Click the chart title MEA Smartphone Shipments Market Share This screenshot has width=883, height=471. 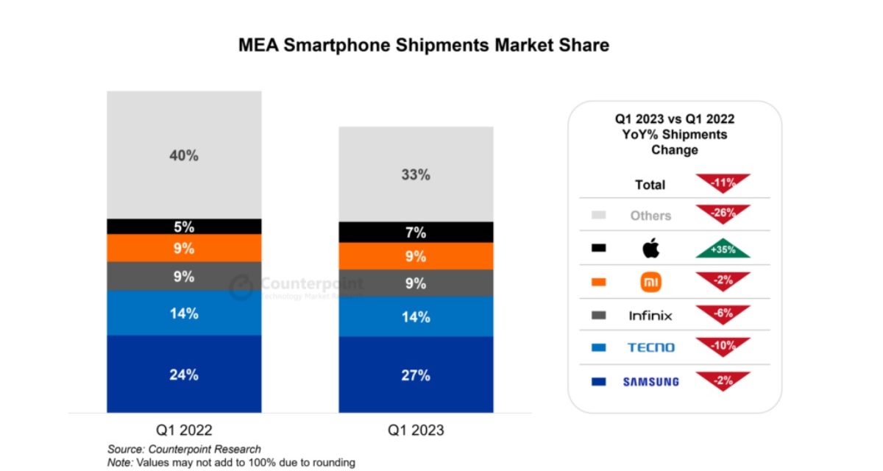coord(423,45)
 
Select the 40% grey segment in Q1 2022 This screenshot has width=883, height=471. coord(183,155)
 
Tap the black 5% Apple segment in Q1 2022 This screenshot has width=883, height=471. coord(183,227)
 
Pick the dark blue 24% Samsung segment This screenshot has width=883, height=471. coord(183,374)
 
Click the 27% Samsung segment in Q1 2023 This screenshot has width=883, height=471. coord(415,375)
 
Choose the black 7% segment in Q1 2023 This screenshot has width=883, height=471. coord(415,233)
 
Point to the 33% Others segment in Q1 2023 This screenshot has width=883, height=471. coord(415,174)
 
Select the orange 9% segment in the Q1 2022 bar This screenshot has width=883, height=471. coord(183,248)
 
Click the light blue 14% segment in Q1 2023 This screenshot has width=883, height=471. coord(415,316)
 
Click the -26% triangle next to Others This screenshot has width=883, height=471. coord(722,213)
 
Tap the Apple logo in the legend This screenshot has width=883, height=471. coord(650,249)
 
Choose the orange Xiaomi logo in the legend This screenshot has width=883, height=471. coord(650,282)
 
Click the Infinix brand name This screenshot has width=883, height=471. coord(650,316)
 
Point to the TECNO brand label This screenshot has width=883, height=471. coord(650,347)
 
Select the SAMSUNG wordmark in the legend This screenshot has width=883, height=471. coord(650,381)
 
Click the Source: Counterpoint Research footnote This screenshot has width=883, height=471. coord(184,449)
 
